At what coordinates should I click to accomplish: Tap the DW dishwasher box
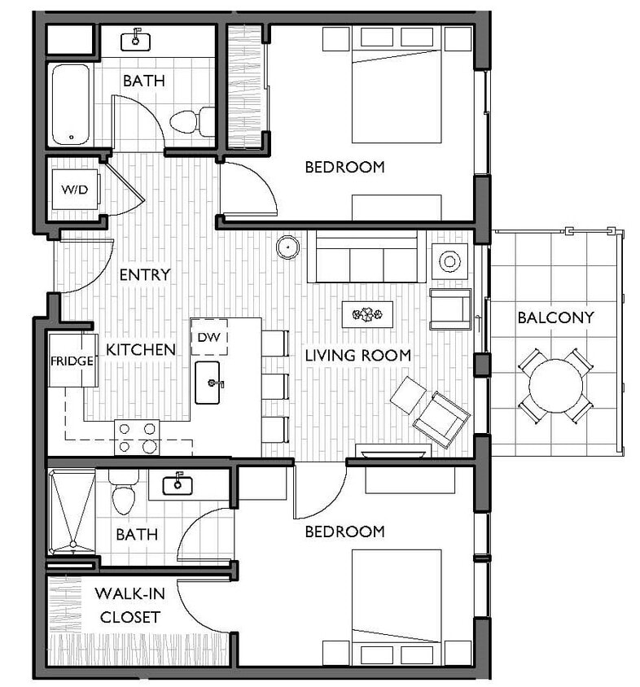pos(209,336)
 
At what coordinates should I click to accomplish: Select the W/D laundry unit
pos(74,190)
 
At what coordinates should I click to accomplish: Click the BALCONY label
pos(555,317)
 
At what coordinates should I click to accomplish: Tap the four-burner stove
pos(136,437)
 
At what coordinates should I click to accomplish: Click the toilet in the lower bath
pos(124,493)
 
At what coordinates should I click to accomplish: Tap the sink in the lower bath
pos(178,485)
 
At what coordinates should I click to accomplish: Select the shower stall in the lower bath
pos(71,510)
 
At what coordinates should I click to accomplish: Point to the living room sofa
pos(366,257)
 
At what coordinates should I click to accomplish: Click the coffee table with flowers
pos(367,313)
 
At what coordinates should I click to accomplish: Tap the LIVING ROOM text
pos(357,355)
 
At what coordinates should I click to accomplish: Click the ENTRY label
pos(144,274)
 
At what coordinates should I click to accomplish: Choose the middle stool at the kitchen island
pos(275,385)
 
